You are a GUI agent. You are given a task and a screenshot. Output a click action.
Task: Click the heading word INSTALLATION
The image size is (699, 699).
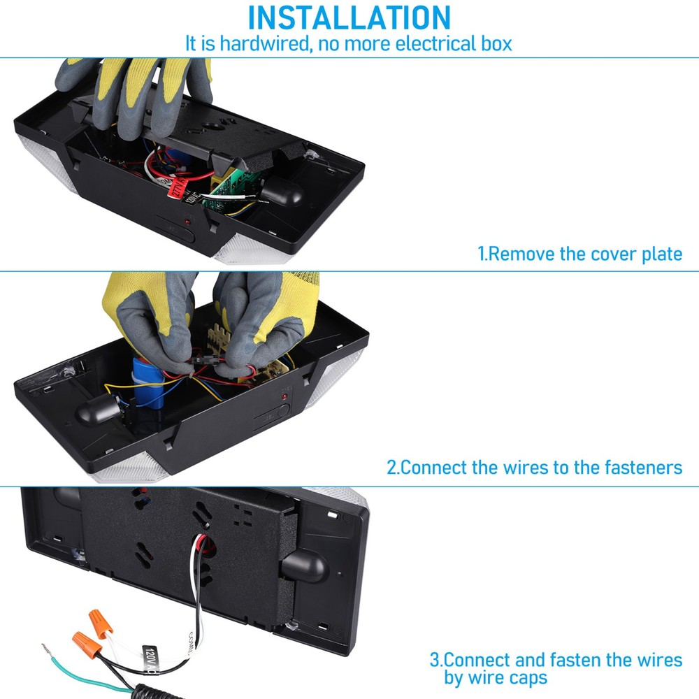(x=349, y=18)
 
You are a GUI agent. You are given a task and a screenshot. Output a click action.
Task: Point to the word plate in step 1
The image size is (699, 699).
(x=661, y=254)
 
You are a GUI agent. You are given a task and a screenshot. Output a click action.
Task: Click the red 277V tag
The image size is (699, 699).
(x=177, y=187)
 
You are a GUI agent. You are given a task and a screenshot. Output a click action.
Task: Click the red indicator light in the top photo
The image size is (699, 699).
(x=188, y=222)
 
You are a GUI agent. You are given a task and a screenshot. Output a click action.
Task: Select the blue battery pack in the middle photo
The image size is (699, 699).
(x=147, y=382)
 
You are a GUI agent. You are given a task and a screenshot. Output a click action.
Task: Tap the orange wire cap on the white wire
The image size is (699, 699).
(x=100, y=624)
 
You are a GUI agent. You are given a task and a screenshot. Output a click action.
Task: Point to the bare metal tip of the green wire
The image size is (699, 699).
(x=47, y=649)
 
